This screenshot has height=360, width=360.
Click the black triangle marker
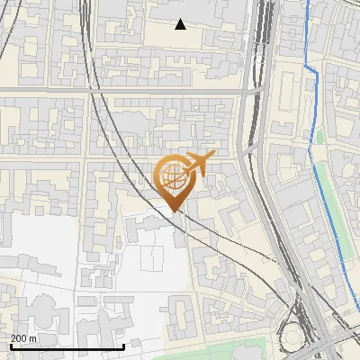181,24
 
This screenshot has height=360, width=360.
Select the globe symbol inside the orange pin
173,175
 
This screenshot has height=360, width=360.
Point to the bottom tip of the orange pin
175,212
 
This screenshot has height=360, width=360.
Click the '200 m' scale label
23,338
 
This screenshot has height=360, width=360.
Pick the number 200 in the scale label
19,338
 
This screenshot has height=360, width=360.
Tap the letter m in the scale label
32,338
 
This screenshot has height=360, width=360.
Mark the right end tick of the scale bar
123,346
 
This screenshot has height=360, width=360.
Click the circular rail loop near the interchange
292,335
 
